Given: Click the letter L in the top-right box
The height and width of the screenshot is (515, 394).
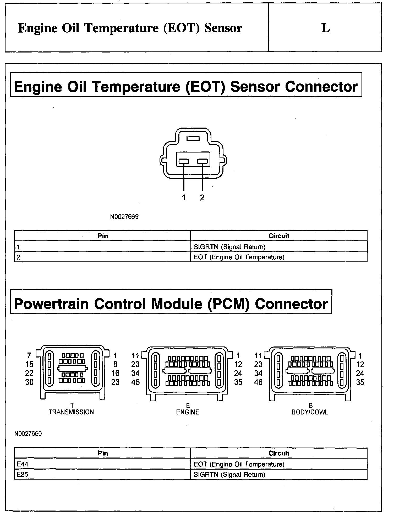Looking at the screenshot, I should tap(325, 28).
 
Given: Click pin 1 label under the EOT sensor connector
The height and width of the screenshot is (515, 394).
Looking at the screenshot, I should tap(184, 198).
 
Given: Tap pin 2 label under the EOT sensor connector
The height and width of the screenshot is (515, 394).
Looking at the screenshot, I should tap(202, 198).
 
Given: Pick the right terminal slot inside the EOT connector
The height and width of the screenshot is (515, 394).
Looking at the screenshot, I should tap(202, 161).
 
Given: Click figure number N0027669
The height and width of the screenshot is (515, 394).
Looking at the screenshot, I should tap(124, 217).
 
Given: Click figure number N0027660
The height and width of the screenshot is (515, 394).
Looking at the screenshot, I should tap(28, 434).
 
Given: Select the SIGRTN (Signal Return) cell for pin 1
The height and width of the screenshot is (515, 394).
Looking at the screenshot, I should tap(229, 247).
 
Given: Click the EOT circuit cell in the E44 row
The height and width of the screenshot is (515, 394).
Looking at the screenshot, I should tap(239, 464).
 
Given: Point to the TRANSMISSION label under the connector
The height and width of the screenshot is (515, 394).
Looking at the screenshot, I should tap(71, 412).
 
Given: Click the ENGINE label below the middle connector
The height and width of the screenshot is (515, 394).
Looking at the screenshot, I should tap(188, 412).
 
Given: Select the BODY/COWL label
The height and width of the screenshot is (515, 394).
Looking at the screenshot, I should tap(310, 412).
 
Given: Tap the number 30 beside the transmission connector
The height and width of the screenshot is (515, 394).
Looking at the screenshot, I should tap(29, 382).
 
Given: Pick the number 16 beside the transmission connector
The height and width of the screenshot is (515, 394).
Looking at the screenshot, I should tap(115, 373).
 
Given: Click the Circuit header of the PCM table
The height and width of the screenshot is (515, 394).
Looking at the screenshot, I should tap(279, 453).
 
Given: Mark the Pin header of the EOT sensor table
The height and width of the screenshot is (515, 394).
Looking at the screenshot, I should tap(103, 236).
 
